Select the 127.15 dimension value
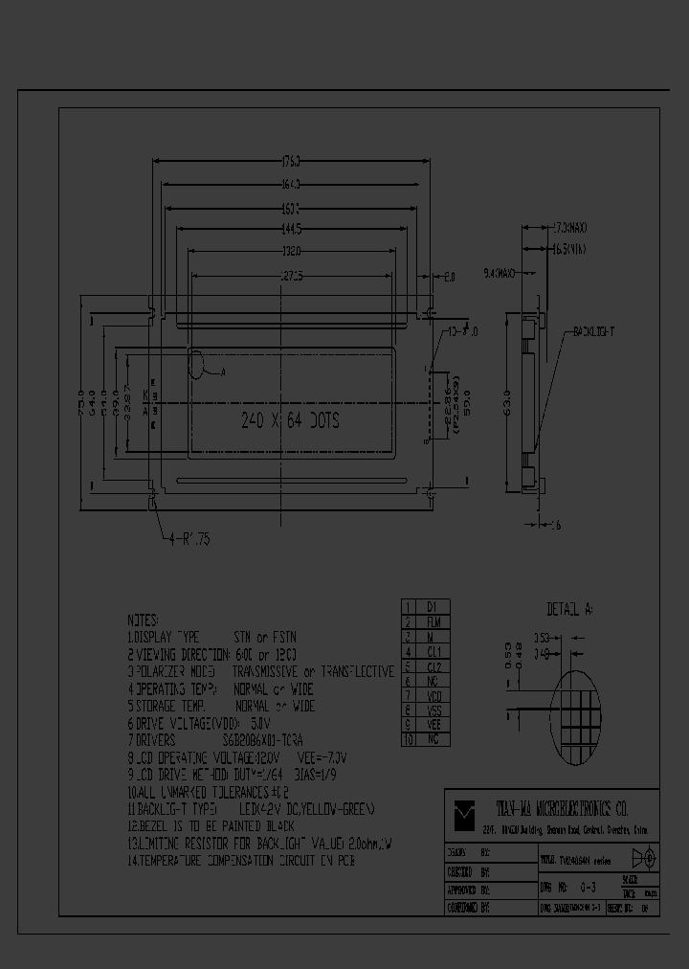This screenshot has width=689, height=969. tap(291, 277)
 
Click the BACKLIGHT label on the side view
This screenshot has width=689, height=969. tap(593, 331)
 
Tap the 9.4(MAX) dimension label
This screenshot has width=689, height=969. tap(499, 274)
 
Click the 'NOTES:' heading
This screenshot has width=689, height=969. tap(144, 620)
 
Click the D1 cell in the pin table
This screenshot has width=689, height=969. tap(431, 606)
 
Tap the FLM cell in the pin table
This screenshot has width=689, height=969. tap(431, 621)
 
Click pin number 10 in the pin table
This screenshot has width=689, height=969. tap(408, 740)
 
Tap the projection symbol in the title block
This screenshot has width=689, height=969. tap(644, 858)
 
